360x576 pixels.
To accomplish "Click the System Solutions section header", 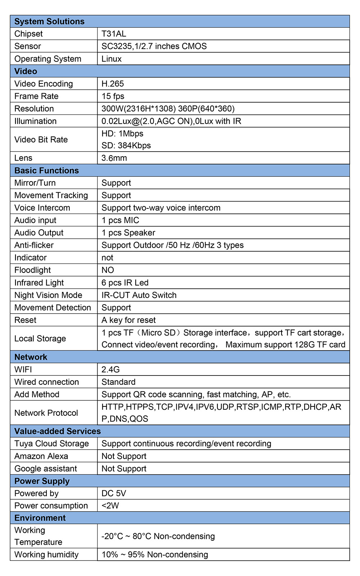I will (x=49, y=22).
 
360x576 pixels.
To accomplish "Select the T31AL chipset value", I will (x=114, y=34).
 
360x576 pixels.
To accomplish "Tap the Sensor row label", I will (x=28, y=46).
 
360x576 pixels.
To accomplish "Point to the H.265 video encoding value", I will (x=113, y=84).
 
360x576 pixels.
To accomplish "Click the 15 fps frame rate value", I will (x=113, y=96).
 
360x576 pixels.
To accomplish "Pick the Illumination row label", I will (x=35, y=121).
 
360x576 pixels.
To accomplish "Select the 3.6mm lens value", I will (x=114, y=158).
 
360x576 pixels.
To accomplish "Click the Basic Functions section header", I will (x=46, y=171).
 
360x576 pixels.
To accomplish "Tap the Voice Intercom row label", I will (x=42, y=208).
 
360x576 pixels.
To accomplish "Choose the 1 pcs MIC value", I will (x=120, y=220).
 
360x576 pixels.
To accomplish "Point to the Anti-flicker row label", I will (x=34, y=245).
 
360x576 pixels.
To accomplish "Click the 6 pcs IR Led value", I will (x=125, y=283).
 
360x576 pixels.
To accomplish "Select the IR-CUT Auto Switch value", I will (x=139, y=295).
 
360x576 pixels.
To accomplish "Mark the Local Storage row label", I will (x=40, y=339).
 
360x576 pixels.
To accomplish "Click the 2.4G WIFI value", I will (x=111, y=370).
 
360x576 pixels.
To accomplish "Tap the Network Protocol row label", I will (x=46, y=413).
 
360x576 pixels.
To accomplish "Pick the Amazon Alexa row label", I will (x=41, y=456).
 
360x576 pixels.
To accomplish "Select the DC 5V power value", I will (x=114, y=494).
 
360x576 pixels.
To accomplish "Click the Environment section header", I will (x=40, y=518).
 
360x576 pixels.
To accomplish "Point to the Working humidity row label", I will (x=46, y=555).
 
